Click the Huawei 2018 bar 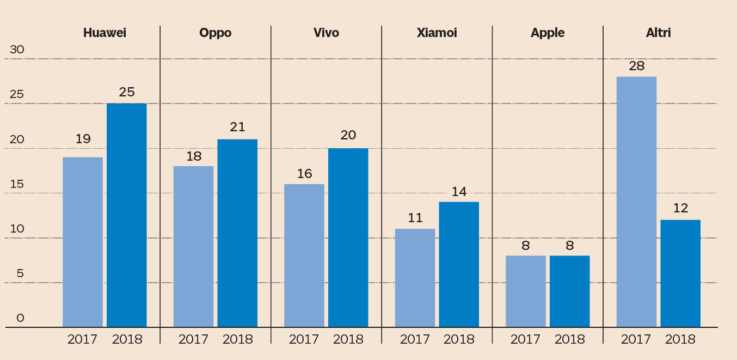pyautogui.click(x=126, y=215)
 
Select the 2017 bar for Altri pyautogui.click(x=636, y=202)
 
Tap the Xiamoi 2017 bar pyautogui.click(x=415, y=278)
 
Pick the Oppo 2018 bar pyautogui.click(x=237, y=233)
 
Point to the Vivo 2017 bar pyautogui.click(x=304, y=255)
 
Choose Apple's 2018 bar pyautogui.click(x=569, y=291)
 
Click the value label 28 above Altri pyautogui.click(x=636, y=66)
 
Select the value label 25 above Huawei pyautogui.click(x=126, y=92)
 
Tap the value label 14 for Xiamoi pyautogui.click(x=459, y=191)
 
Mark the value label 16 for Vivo pyautogui.click(x=304, y=173)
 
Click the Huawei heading pyautogui.click(x=105, y=33)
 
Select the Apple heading pyautogui.click(x=548, y=33)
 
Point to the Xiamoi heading pyautogui.click(x=437, y=33)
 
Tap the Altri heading pyautogui.click(x=659, y=33)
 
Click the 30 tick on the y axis pyautogui.click(x=17, y=50)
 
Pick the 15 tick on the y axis pyautogui.click(x=17, y=184)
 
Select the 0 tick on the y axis pyautogui.click(x=21, y=318)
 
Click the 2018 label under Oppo pyautogui.click(x=237, y=339)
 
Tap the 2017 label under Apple pyautogui.click(x=525, y=339)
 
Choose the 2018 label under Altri pyautogui.click(x=680, y=339)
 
